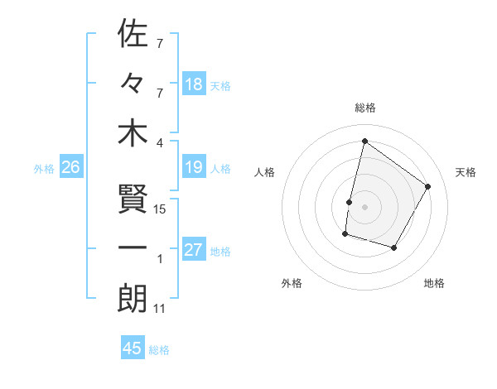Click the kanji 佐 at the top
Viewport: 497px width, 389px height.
pos(133,35)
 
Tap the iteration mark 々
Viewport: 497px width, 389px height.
pos(133,83)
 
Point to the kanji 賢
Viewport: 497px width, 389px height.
pos(133,199)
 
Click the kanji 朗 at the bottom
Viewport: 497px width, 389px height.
pos(133,299)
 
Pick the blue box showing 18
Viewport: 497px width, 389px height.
pos(194,84)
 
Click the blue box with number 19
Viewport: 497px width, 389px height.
pos(194,168)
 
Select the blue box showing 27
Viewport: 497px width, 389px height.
pos(194,251)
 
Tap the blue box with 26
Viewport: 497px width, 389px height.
pos(70,168)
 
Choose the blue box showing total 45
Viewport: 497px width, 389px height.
pos(133,348)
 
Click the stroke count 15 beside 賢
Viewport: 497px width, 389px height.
pos(161,209)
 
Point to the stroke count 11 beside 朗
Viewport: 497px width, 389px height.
pos(160,309)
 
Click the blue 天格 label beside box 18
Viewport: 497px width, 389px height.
pos(220,85)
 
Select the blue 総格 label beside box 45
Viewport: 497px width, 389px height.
pos(159,349)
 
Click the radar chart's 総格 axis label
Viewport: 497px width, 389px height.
pos(364,108)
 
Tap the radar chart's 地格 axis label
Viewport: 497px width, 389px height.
pos(434,284)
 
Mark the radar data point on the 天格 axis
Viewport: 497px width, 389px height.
pos(427,186)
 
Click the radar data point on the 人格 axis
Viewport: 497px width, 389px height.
pos(349,202)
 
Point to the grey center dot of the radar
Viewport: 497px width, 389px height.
pos(364,207)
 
